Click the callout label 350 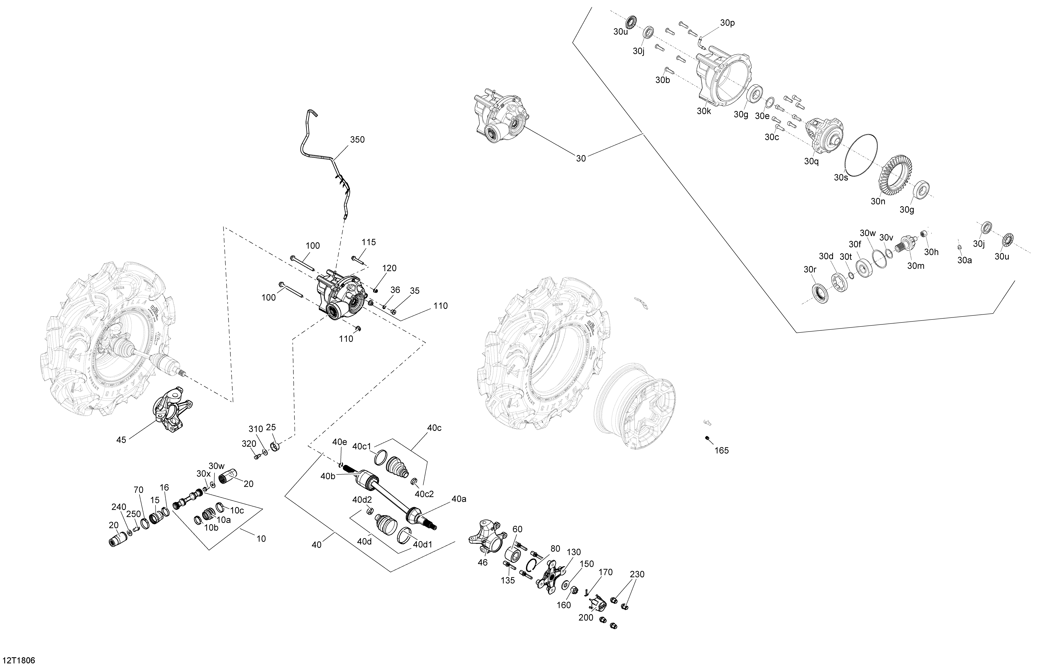point(357,139)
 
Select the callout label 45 point(121,440)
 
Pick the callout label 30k point(704,111)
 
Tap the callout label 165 point(722,450)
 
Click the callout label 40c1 point(362,446)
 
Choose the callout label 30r point(810,269)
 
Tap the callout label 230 point(637,574)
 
